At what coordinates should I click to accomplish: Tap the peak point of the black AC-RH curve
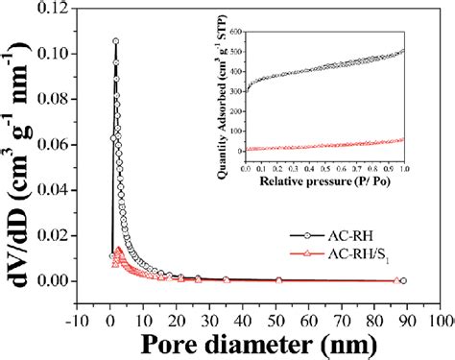pyautogui.click(x=115, y=41)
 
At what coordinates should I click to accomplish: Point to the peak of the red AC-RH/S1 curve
pyautogui.click(x=118, y=250)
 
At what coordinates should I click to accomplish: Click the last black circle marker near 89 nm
pyautogui.click(x=403, y=280)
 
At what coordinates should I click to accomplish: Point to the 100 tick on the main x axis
pyautogui.click(x=440, y=314)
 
